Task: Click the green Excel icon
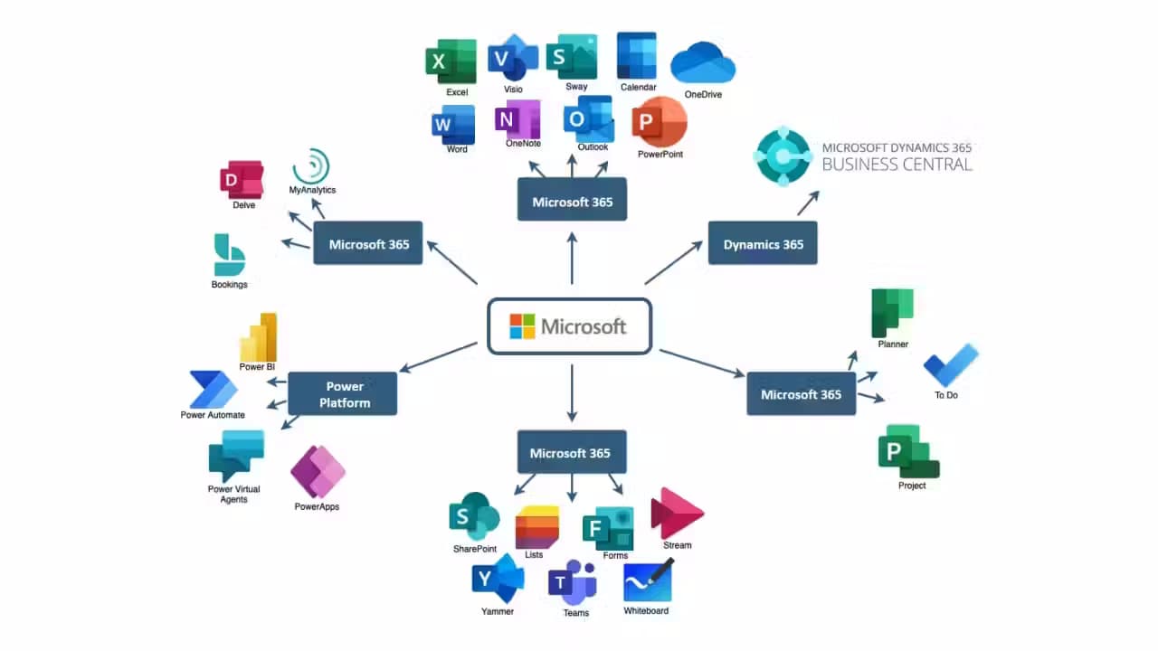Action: tap(451, 61)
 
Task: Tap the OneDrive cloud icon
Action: tap(703, 62)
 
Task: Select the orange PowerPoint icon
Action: tap(659, 123)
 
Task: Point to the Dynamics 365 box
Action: tap(763, 243)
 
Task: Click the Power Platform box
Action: tap(342, 393)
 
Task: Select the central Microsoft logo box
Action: tap(570, 325)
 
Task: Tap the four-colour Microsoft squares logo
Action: tap(522, 326)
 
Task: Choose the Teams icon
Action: tap(573, 582)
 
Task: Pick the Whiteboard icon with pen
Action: tap(648, 580)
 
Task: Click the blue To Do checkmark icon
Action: tap(950, 365)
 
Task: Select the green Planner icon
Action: tap(891, 312)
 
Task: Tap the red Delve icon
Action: tap(242, 179)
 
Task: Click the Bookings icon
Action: tap(229, 255)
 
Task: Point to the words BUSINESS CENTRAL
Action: tap(896, 165)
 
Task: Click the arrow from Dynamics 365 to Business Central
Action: tap(808, 203)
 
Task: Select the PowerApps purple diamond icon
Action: tap(318, 471)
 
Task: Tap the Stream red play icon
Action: tap(676, 514)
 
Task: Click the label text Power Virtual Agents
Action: tap(233, 494)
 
